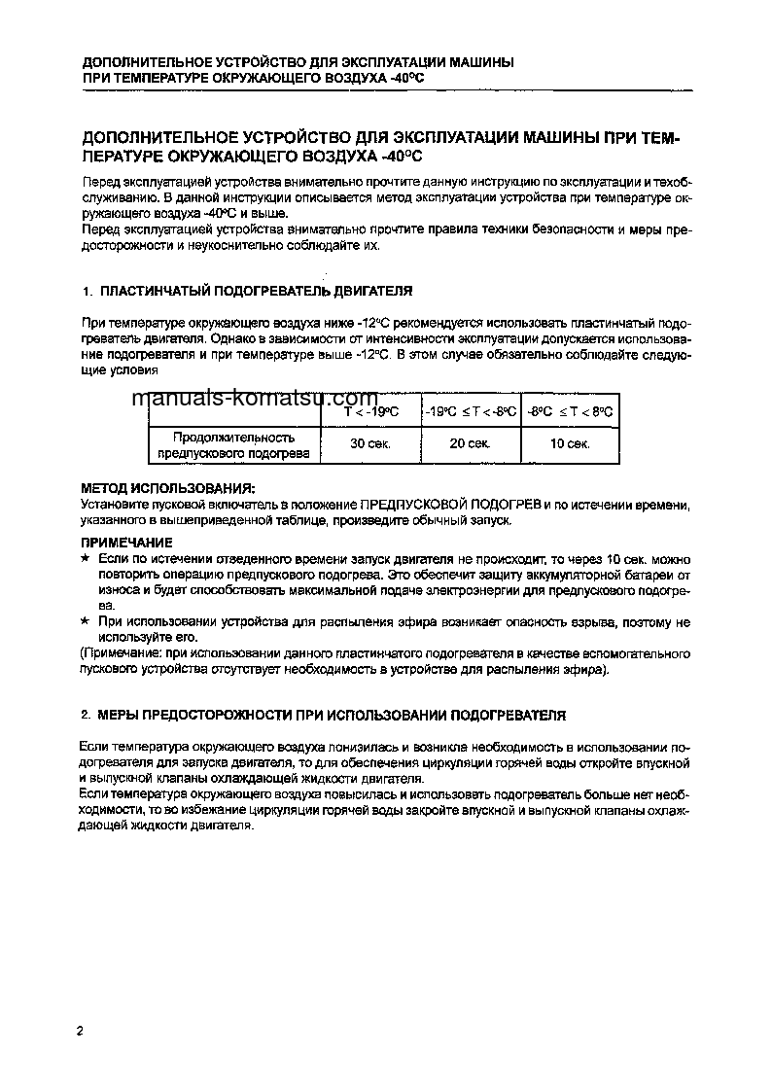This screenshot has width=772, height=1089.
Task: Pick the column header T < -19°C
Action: (x=370, y=411)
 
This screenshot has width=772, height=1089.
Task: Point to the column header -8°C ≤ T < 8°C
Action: (x=571, y=411)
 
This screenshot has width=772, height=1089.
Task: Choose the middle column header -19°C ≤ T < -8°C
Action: (x=470, y=411)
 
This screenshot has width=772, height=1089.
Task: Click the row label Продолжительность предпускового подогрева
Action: (x=233, y=445)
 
